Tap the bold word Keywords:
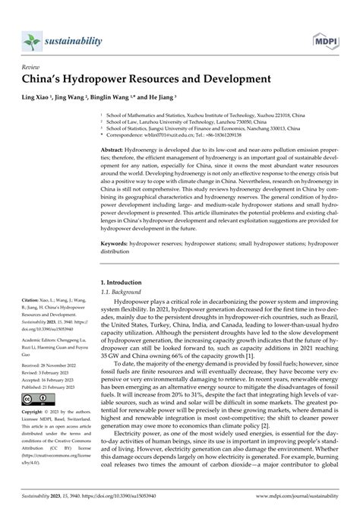[x=115, y=245]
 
